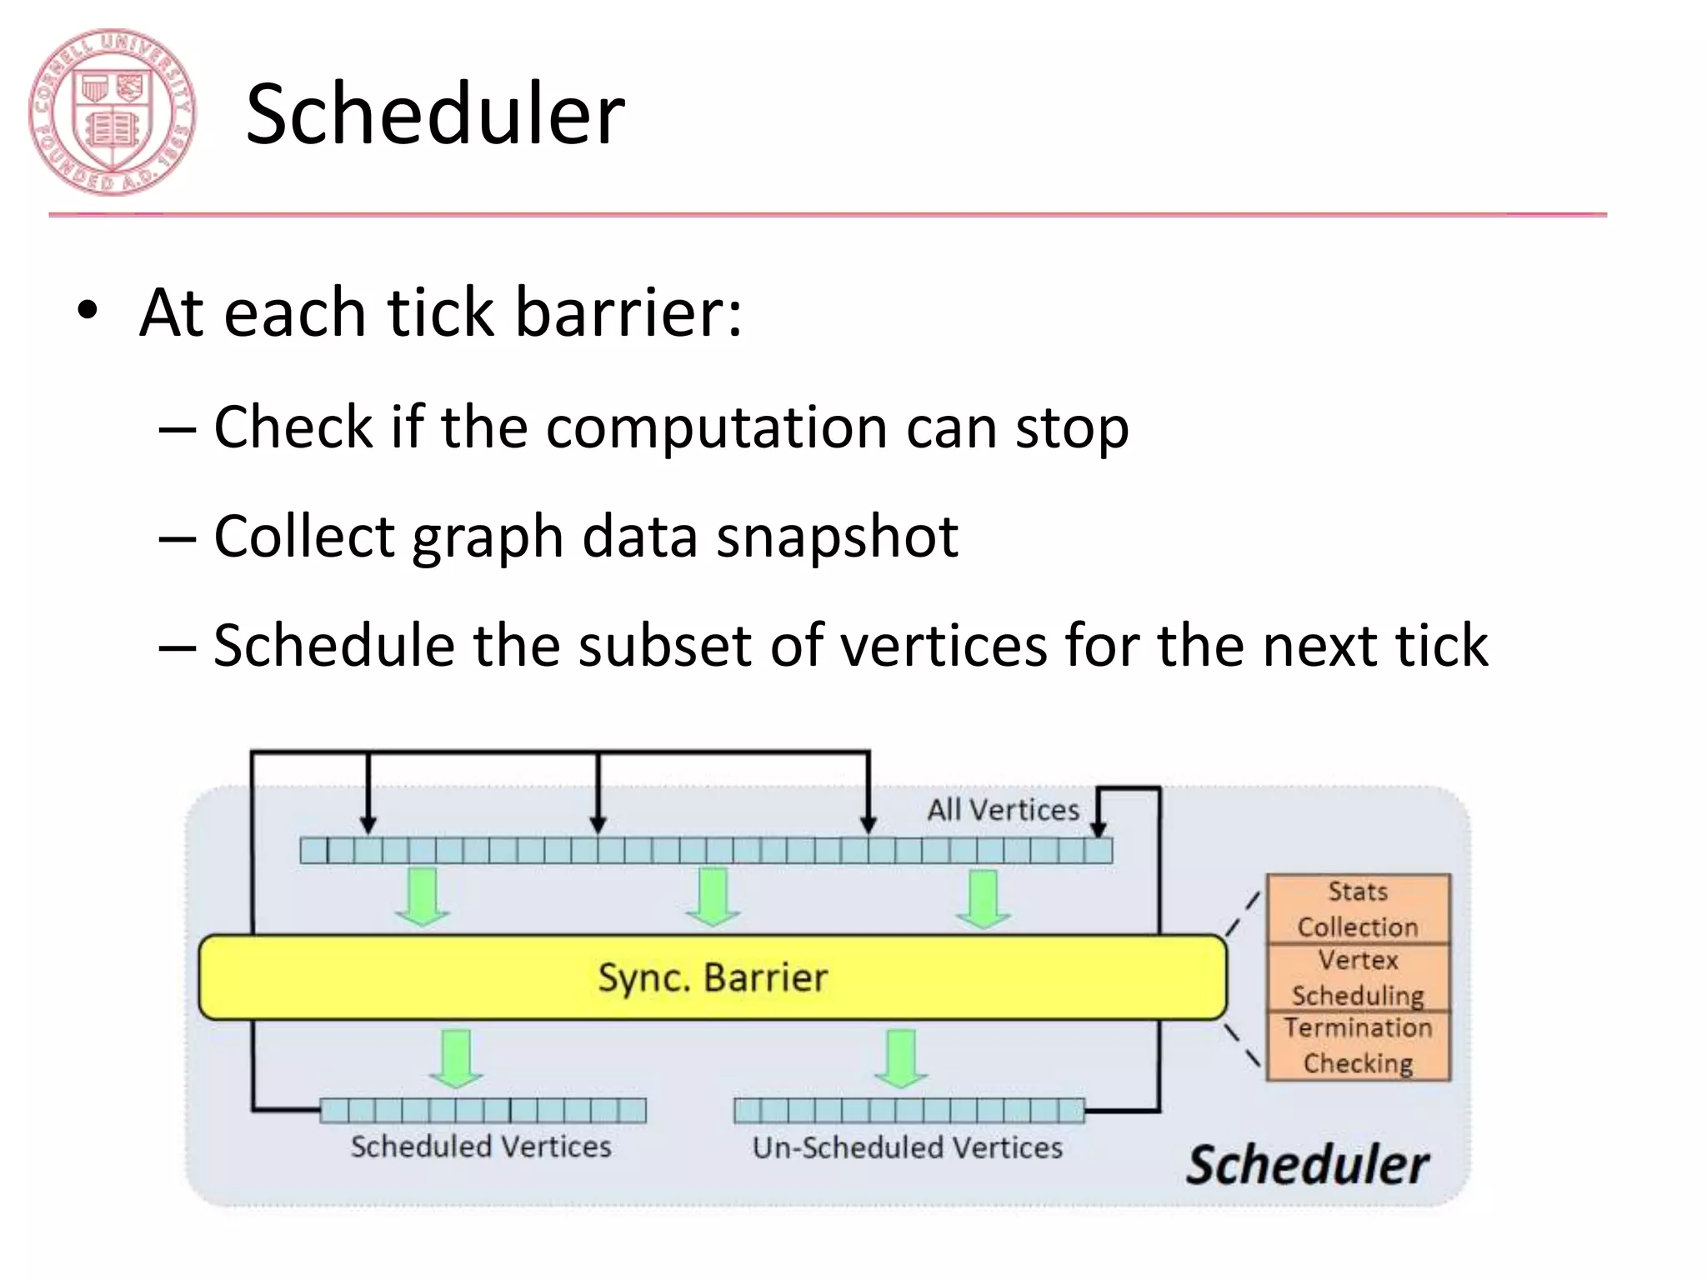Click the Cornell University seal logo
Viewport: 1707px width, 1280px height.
(112, 112)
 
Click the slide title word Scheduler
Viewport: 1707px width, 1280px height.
(435, 114)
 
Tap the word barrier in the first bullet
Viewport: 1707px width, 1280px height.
(628, 312)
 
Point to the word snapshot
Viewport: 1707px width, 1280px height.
(837, 536)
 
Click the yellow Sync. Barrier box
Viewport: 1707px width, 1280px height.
(713, 977)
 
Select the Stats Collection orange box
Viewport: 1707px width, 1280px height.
(1358, 909)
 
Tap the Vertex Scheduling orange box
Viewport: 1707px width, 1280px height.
(1358, 977)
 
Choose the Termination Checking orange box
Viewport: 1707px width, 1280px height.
(1358, 1046)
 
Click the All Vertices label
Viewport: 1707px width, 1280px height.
(1003, 809)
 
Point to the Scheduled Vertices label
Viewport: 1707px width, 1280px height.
(481, 1147)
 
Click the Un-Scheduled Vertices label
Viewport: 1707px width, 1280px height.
(907, 1147)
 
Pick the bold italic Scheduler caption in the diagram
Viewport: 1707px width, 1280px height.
(1307, 1164)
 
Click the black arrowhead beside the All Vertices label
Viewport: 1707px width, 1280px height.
(1099, 827)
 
